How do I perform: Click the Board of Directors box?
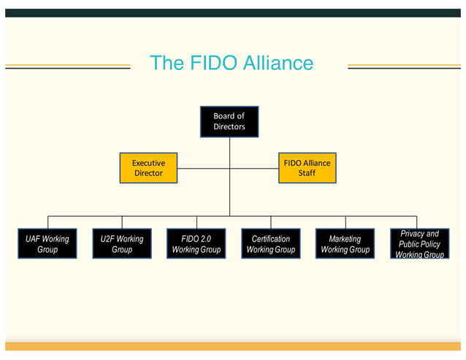coord(229,121)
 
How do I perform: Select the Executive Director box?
coord(148,168)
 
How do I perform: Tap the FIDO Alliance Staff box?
coord(307,168)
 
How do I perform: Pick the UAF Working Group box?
coord(47,244)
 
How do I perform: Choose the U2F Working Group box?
coord(122,244)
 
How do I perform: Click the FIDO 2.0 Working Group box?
coord(196,244)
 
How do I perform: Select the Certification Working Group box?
coord(270,244)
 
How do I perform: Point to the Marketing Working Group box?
coord(345,244)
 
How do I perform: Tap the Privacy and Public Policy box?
coord(419,244)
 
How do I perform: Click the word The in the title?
coord(167,64)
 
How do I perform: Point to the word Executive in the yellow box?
coord(148,163)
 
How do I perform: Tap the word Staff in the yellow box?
coord(307,173)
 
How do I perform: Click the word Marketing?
coord(345,239)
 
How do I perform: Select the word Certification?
coord(270,239)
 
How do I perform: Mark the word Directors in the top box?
coord(229,126)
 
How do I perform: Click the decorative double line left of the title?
coord(67,66)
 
